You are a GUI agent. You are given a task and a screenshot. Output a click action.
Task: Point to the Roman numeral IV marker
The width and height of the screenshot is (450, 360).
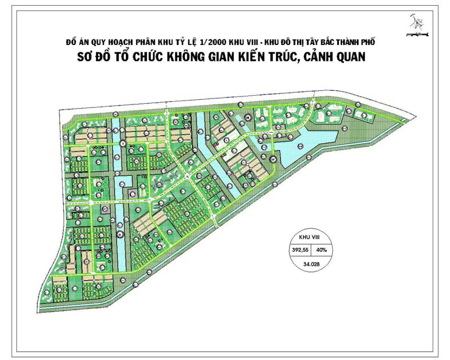273,159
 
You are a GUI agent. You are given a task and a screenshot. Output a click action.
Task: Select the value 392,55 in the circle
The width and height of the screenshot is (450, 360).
299,249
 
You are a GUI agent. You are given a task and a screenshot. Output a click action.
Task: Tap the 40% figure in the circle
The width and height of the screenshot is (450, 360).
321,249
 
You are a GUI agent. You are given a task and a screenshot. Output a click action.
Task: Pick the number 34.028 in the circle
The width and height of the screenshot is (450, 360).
311,264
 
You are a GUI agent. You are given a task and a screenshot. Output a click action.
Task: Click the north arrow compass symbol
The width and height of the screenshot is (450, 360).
417,22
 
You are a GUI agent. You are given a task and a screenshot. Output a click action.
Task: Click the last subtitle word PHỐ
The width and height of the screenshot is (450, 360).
367,42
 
